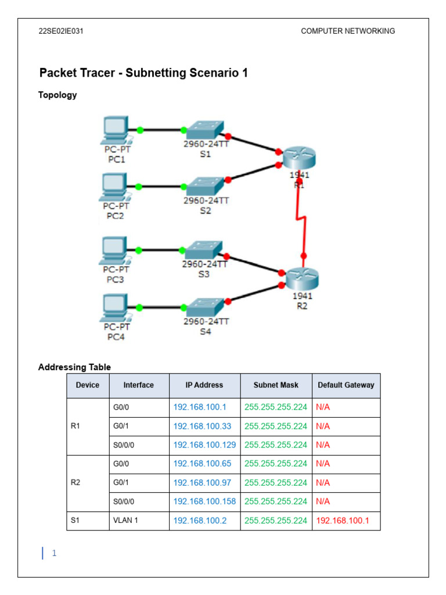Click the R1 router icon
point(299,157)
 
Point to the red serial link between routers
point(300,218)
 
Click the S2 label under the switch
point(206,211)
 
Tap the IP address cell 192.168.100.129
point(204,445)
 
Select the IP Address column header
point(204,385)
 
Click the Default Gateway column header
point(346,385)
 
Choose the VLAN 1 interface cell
point(125,521)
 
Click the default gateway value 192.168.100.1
point(343,521)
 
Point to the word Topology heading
point(57,95)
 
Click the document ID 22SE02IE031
point(61,31)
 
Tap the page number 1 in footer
point(54,553)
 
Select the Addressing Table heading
point(74,367)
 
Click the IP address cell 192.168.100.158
point(204,501)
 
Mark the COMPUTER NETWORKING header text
point(348,31)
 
